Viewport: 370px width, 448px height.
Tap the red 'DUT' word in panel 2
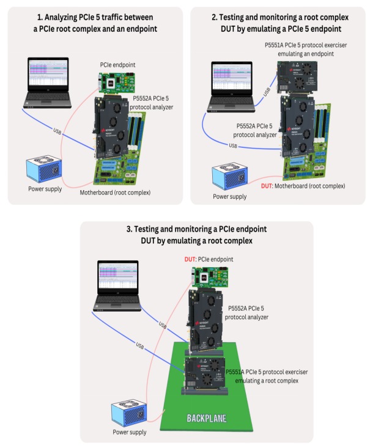pyautogui.click(x=267, y=185)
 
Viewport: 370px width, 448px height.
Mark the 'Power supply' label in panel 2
pyautogui.click(x=230, y=196)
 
